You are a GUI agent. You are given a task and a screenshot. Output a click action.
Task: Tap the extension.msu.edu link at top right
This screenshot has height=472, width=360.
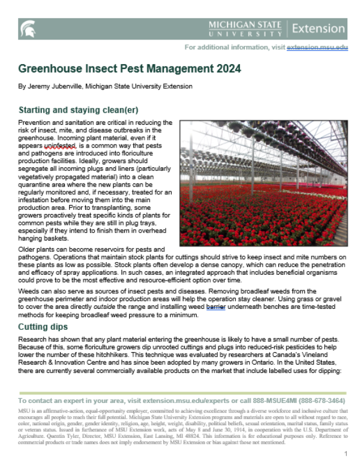[x=317, y=47]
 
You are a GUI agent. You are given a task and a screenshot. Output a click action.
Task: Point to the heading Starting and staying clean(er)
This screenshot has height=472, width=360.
[x=79, y=110]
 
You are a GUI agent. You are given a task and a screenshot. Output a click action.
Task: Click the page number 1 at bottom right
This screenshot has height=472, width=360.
[x=346, y=454]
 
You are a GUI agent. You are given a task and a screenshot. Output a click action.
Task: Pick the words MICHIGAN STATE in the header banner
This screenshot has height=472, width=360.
[x=244, y=24]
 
